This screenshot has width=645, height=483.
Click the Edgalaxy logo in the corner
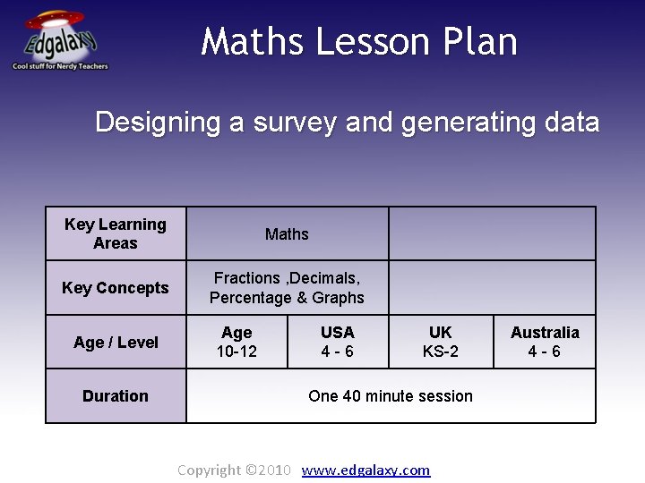click(59, 40)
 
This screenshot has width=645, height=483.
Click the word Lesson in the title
click(360, 42)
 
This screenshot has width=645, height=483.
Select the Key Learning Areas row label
click(116, 233)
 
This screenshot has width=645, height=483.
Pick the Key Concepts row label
click(116, 288)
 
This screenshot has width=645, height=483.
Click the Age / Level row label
click(116, 342)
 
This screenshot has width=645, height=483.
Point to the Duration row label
click(116, 395)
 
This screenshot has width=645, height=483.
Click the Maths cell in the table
click(287, 234)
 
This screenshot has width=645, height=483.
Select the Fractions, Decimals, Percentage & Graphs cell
click(287, 288)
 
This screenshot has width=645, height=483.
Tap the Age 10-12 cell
click(236, 342)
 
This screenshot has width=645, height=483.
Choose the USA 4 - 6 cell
click(338, 342)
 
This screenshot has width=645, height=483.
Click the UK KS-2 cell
click(441, 342)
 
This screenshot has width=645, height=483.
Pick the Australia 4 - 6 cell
click(545, 342)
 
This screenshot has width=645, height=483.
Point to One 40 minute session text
click(391, 395)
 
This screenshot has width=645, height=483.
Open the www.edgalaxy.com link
click(365, 470)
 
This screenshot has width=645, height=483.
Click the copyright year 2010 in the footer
click(274, 470)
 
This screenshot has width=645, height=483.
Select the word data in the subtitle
click(569, 122)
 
